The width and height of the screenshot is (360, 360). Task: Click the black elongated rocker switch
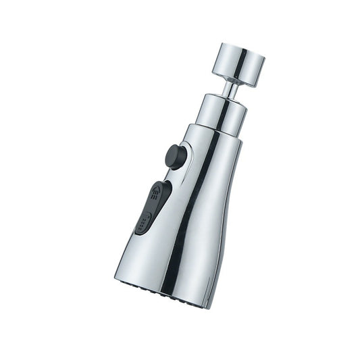[x=152, y=206]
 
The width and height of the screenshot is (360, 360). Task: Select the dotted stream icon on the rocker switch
[x=144, y=222]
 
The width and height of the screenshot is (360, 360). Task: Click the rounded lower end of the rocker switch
[x=141, y=230]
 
